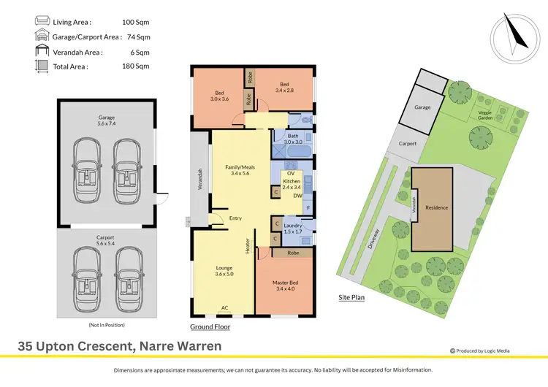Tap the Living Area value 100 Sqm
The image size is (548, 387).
tap(137, 23)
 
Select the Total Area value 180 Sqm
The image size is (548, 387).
tap(137, 66)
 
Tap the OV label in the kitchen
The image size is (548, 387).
tap(290, 172)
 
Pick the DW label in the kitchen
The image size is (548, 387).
tap(298, 196)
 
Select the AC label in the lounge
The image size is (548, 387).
tap(225, 307)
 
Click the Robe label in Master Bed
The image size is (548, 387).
tap(293, 253)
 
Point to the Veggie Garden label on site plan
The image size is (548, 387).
tap(485, 115)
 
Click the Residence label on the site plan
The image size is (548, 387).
tap(436, 207)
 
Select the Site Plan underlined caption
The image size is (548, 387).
tap(351, 298)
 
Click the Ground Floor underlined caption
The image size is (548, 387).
tap(210, 328)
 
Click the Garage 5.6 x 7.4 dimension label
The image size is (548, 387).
tap(107, 120)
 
